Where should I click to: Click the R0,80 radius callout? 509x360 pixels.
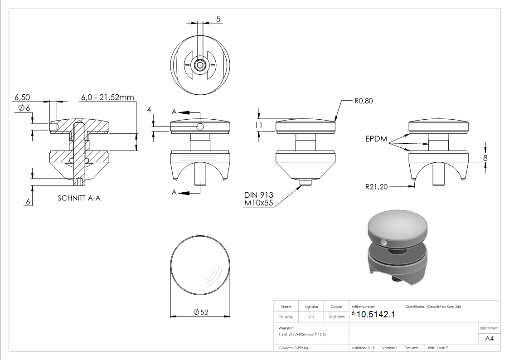pos(364,101)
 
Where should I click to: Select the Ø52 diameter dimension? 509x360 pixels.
pos(200,312)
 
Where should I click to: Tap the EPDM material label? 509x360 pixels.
pos(376,139)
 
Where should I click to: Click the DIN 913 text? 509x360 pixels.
pos(258,195)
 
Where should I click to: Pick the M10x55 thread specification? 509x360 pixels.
pos(258,203)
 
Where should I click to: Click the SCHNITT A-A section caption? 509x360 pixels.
pos(79,198)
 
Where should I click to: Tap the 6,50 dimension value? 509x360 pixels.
pos(22,97)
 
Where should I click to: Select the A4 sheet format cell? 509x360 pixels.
pos(490,338)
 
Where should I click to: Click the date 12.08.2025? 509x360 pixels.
pos(336,317)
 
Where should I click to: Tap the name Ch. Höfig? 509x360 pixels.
pos(286,317)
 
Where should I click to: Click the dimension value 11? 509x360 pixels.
pos(259,126)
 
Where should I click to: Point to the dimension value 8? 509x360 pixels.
pos(485,158)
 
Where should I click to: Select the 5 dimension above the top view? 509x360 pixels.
pos(218,19)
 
